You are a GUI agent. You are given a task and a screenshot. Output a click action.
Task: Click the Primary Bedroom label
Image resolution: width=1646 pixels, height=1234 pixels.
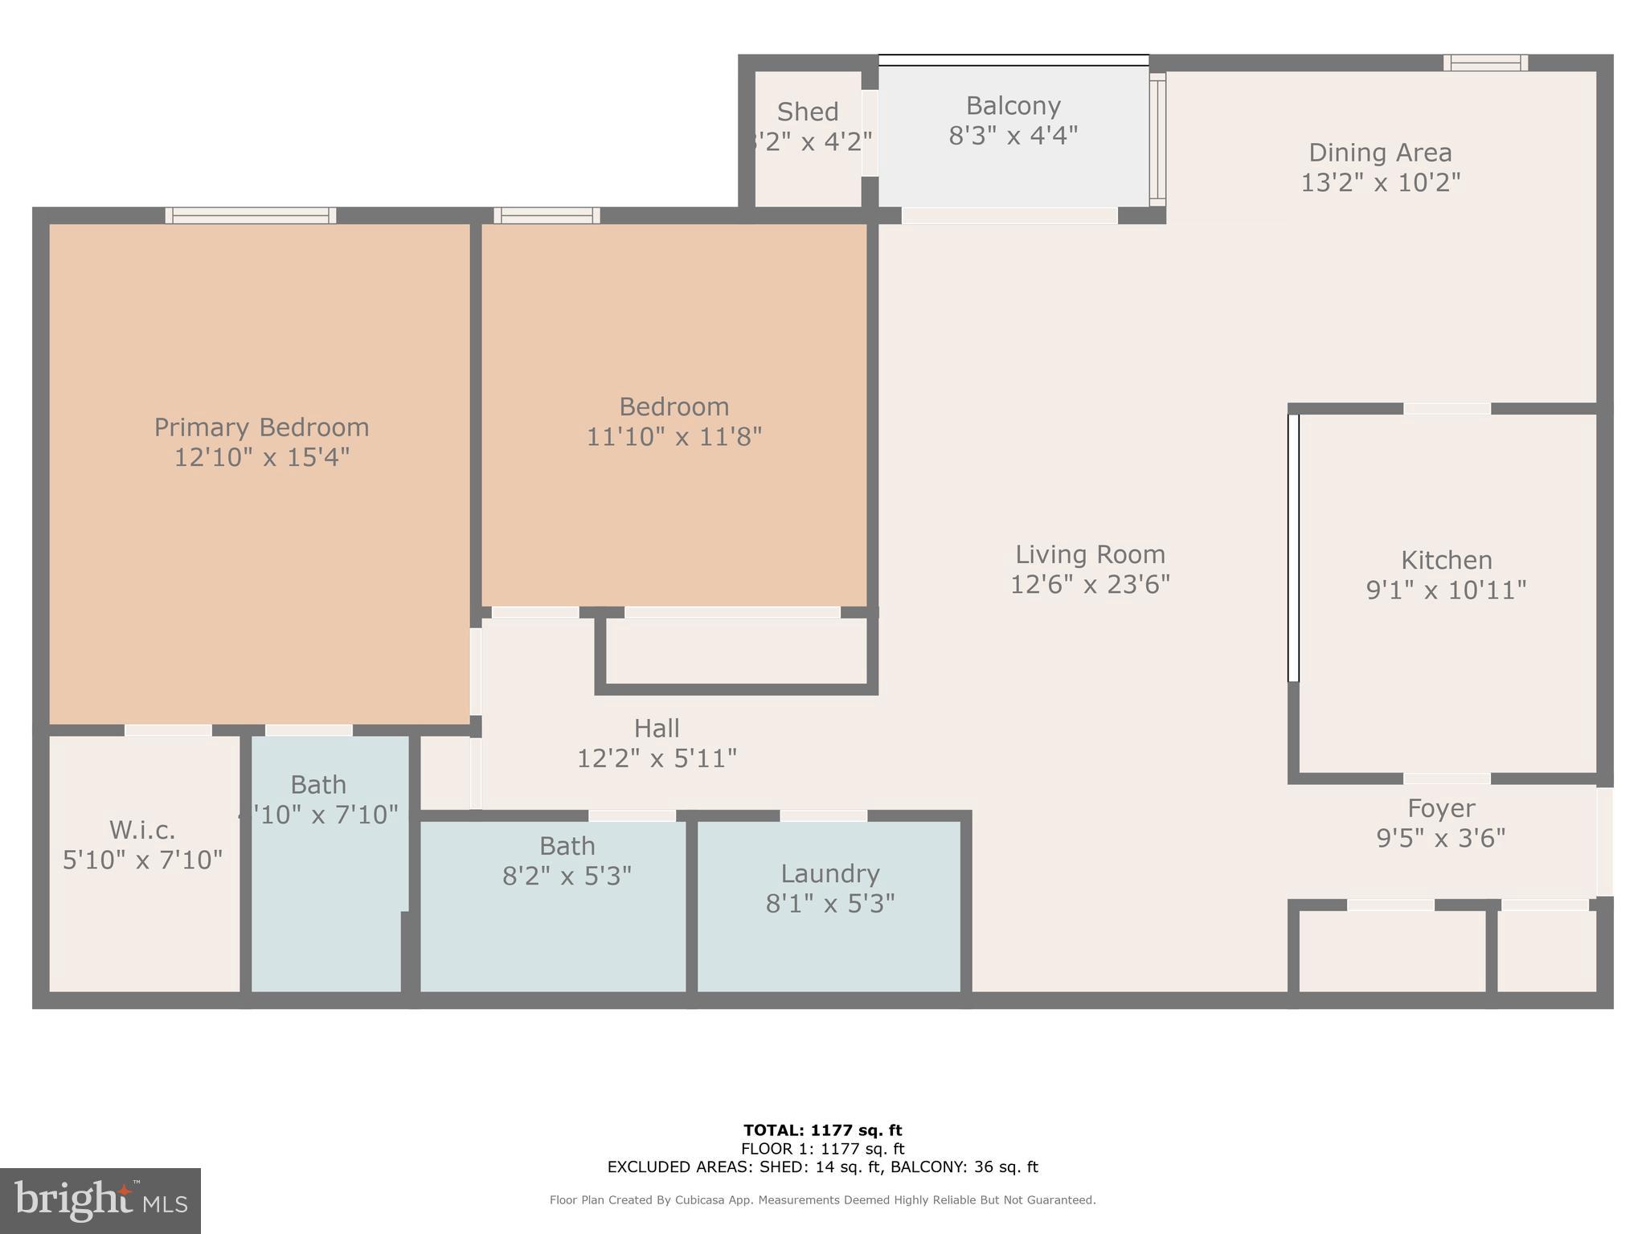tap(261, 427)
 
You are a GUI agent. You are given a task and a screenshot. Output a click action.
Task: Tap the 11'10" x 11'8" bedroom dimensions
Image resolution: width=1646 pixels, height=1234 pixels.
tap(674, 437)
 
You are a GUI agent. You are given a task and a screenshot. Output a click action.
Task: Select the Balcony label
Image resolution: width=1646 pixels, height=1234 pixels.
tap(1013, 106)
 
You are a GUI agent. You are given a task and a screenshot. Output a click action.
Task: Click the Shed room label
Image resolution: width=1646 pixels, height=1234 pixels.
tap(808, 112)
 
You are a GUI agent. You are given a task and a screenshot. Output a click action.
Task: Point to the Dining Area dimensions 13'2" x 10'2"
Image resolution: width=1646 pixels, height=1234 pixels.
tap(1380, 183)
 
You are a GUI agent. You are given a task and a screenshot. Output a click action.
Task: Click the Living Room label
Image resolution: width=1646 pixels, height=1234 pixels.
tap(1090, 554)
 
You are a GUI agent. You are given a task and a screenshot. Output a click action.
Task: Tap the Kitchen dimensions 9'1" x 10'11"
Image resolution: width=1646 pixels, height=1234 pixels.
tap(1446, 590)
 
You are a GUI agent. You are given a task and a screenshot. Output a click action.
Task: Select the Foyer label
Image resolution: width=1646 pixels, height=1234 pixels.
tap(1441, 808)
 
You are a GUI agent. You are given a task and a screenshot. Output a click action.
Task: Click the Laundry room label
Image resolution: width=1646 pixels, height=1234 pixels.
tap(830, 874)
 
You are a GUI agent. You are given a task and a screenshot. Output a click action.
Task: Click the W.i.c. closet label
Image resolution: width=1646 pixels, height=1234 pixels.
tap(142, 830)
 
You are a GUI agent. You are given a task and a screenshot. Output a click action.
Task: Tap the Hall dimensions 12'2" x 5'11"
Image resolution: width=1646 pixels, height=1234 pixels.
tap(657, 758)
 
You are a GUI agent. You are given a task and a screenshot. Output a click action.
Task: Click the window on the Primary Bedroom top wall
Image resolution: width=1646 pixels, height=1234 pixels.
tap(251, 215)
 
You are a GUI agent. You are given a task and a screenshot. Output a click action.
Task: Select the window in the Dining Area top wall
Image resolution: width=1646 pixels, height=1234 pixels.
tap(1485, 63)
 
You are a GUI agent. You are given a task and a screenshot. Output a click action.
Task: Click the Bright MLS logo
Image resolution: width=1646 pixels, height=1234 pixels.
tap(100, 1201)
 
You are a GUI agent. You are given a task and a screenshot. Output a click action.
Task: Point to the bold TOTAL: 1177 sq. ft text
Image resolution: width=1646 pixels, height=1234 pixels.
tap(822, 1131)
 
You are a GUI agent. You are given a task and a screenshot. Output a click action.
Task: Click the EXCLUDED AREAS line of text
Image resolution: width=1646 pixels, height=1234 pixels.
tap(822, 1167)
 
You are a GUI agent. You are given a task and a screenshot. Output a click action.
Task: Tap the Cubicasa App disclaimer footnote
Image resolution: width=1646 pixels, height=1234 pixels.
tap(822, 1200)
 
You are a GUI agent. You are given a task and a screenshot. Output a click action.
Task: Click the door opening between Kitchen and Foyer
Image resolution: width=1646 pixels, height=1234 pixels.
tap(1447, 778)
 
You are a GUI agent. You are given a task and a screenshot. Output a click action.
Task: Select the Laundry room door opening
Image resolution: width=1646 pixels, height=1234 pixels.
tap(823, 816)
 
